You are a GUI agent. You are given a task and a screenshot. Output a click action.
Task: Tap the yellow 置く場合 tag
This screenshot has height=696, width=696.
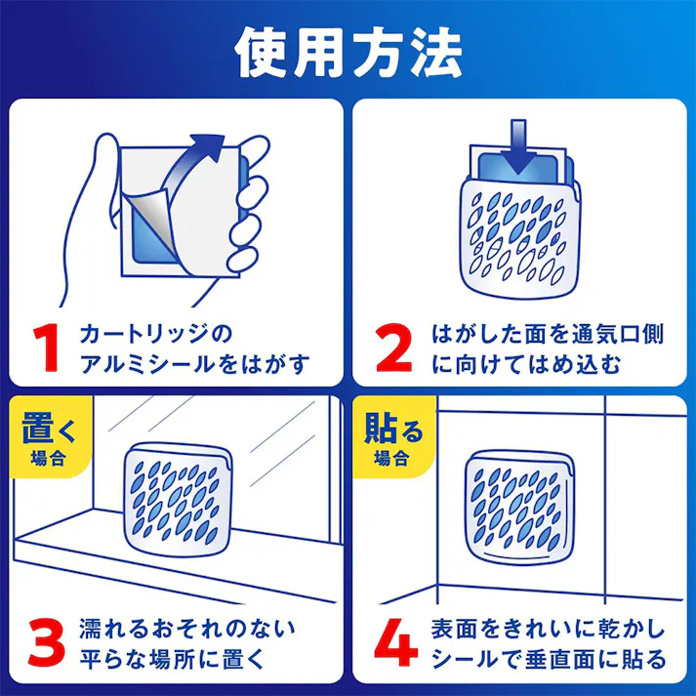[x=48, y=436]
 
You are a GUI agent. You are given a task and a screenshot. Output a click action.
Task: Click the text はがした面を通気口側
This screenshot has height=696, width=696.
[x=548, y=334]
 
